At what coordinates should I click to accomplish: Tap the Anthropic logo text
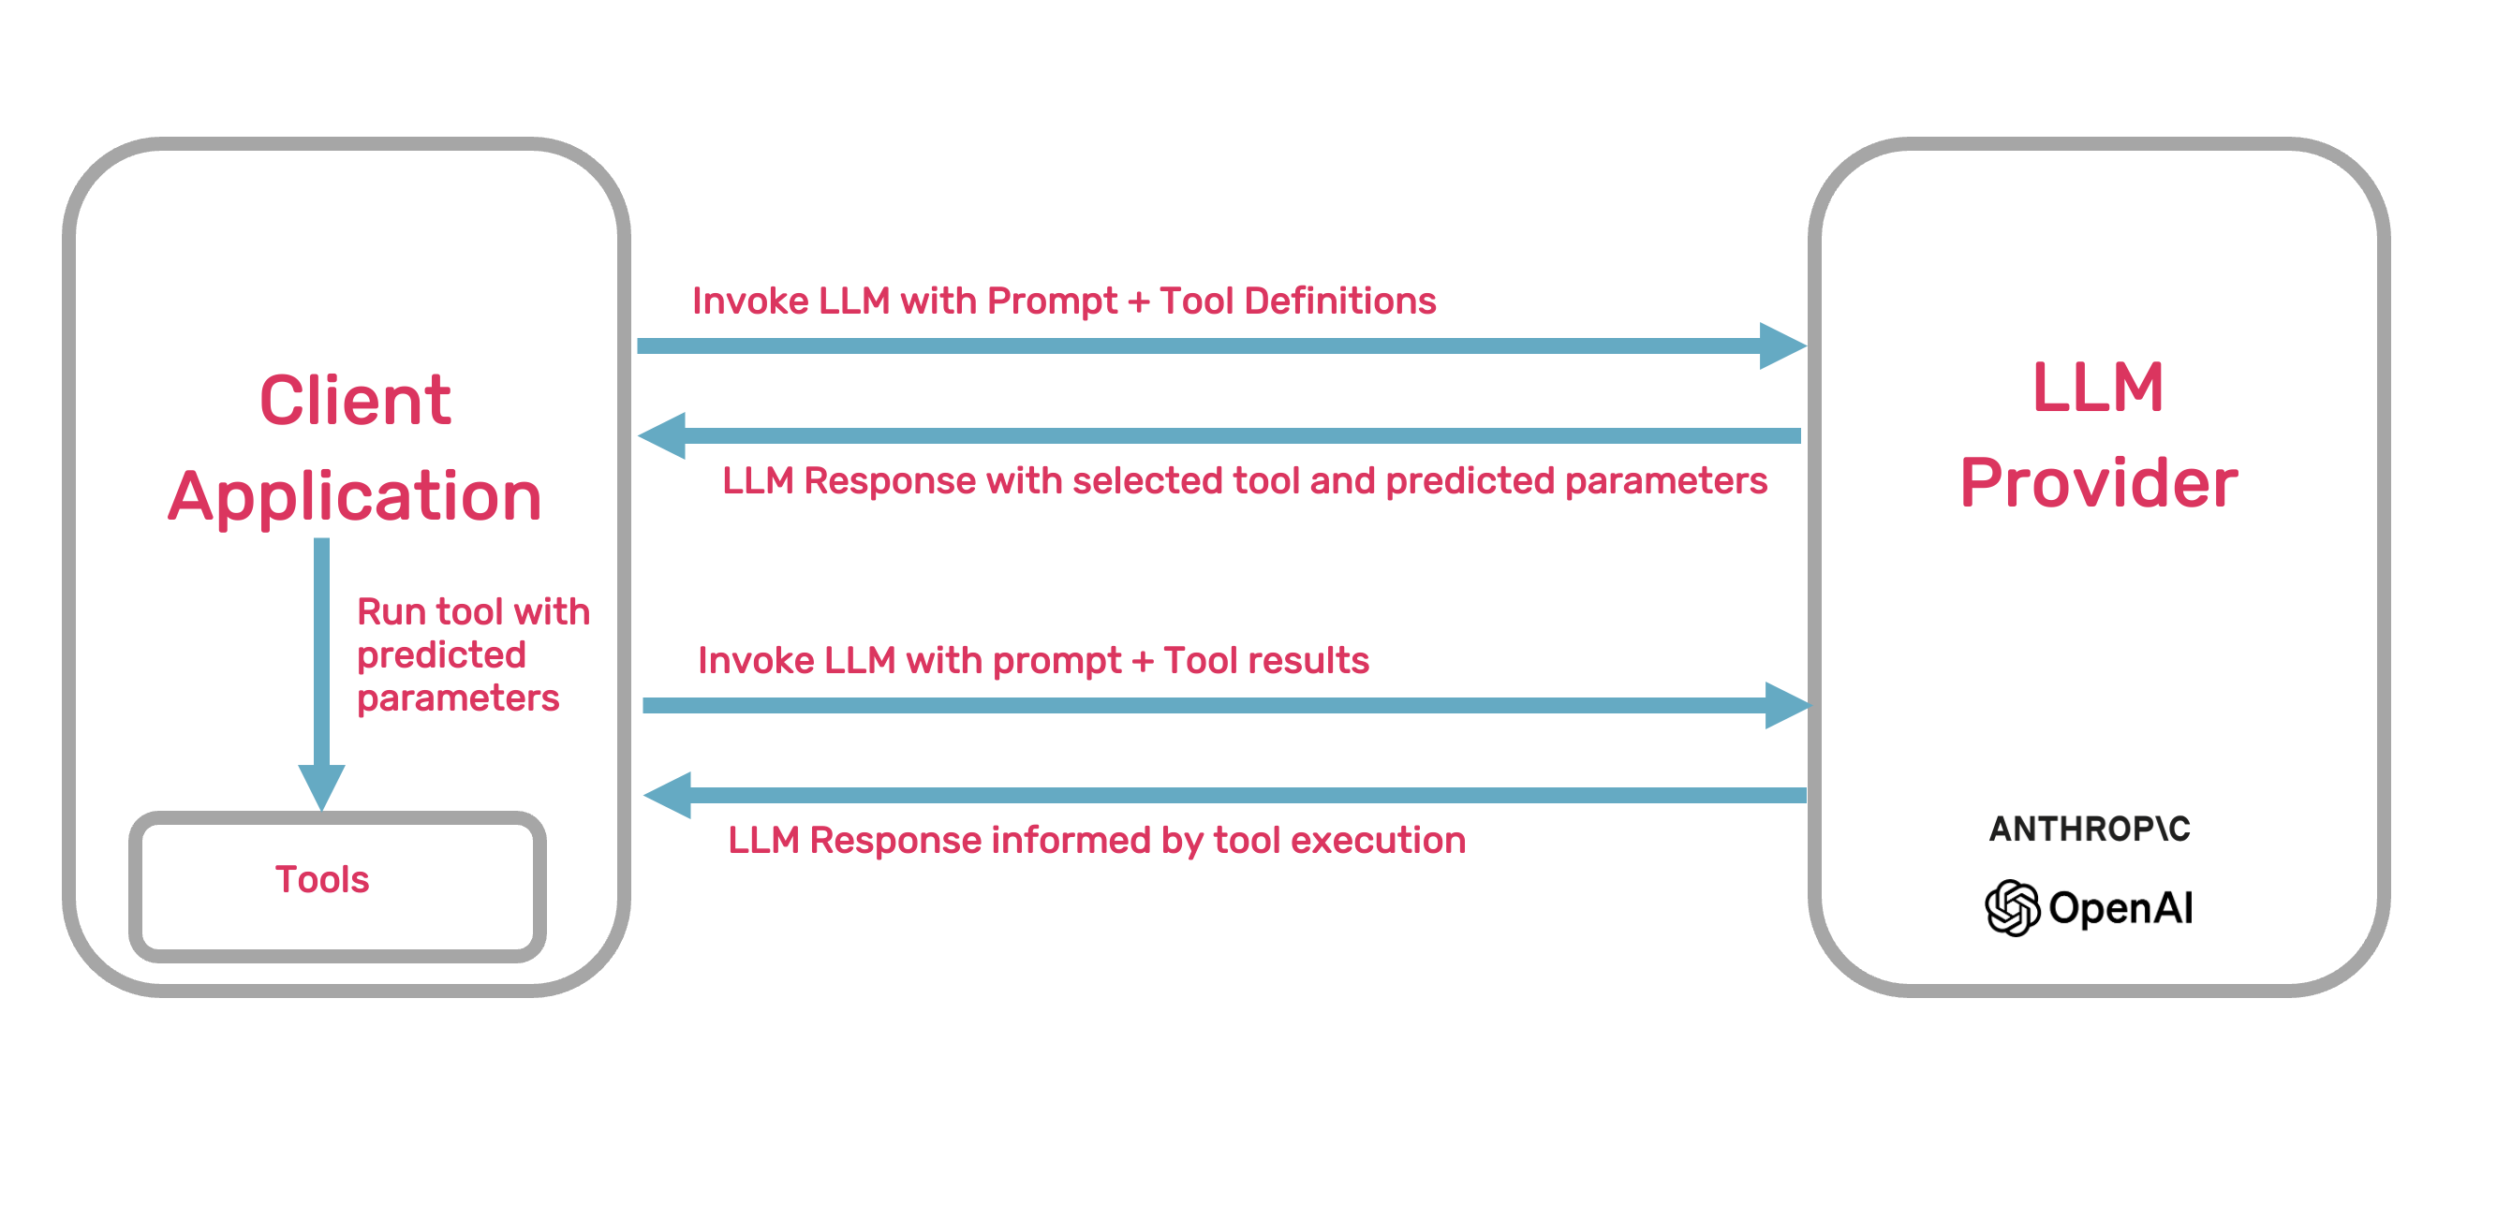pyautogui.click(x=2089, y=829)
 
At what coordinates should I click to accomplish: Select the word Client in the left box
pyautogui.click(x=355, y=400)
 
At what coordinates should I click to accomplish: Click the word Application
pyautogui.click(x=355, y=496)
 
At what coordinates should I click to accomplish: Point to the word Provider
pyautogui.click(x=2099, y=482)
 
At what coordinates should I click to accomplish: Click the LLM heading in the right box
pyautogui.click(x=2098, y=388)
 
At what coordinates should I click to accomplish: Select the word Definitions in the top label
pyautogui.click(x=1339, y=301)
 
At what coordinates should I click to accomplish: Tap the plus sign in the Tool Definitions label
pyautogui.click(x=1139, y=302)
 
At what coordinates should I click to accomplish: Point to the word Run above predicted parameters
pyautogui.click(x=392, y=612)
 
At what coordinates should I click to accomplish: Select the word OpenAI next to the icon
pyautogui.click(x=2120, y=908)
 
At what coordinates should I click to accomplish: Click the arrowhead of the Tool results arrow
pyautogui.click(x=1785, y=705)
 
